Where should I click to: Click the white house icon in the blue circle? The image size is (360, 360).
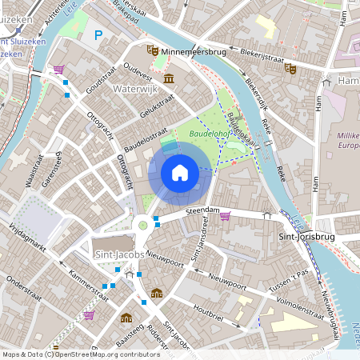point(180,172)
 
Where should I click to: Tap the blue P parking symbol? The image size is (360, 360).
point(98,34)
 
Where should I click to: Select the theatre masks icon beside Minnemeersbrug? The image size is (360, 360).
point(151,50)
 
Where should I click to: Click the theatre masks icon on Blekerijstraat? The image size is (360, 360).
point(290,69)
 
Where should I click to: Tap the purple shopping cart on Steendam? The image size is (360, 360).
point(226,215)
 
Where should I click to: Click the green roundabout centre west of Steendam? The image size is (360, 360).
point(143,225)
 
